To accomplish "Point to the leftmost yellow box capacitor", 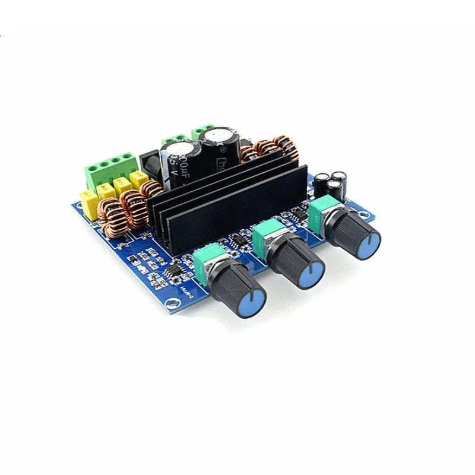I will pyautogui.click(x=88, y=201).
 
